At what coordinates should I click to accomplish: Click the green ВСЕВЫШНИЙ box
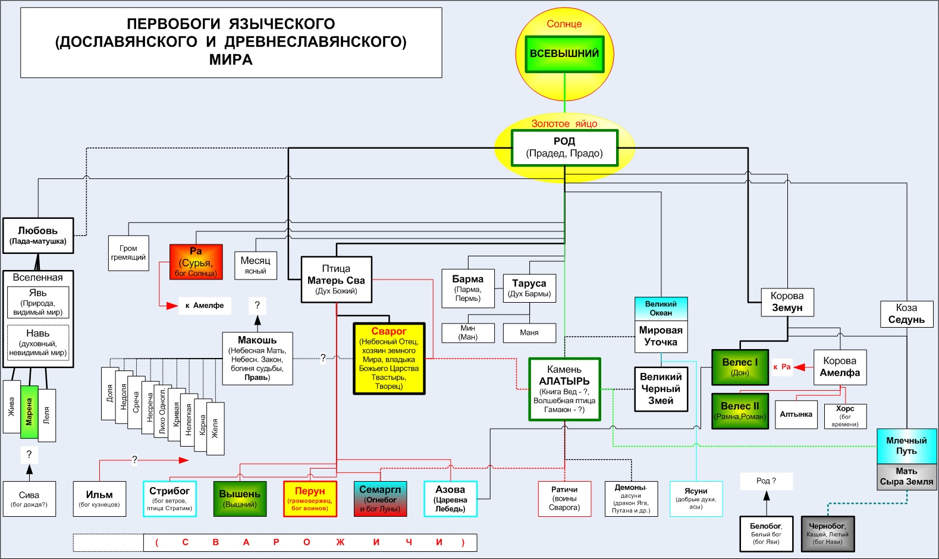pyautogui.click(x=564, y=54)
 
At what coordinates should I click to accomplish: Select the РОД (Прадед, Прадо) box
pyautogui.click(x=564, y=147)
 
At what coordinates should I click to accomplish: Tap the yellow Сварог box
pyautogui.click(x=389, y=359)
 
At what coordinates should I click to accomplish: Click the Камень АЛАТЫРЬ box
pyautogui.click(x=564, y=389)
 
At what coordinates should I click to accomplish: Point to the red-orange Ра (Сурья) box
pyautogui.click(x=196, y=262)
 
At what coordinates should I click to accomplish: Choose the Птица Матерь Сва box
pyautogui.click(x=336, y=279)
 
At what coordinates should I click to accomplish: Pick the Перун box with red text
pyautogui.click(x=310, y=498)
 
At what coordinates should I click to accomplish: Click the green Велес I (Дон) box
pyautogui.click(x=740, y=367)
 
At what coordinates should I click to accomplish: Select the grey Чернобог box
pyautogui.click(x=827, y=533)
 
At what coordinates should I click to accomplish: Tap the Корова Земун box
pyautogui.click(x=787, y=302)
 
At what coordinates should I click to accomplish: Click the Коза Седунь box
pyautogui.click(x=906, y=313)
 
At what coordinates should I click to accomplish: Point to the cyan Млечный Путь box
pyautogui.click(x=906, y=446)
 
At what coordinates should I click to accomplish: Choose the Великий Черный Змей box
pyautogui.click(x=661, y=389)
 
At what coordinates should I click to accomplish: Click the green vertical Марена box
pyautogui.click(x=29, y=412)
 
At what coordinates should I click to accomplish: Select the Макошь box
pyautogui.click(x=257, y=358)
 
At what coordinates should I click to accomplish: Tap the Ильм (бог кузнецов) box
pyautogui.click(x=99, y=498)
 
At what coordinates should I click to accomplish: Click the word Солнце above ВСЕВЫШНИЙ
pyautogui.click(x=564, y=24)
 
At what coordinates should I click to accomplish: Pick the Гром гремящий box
pyautogui.click(x=128, y=253)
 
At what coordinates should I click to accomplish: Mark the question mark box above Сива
pyautogui.click(x=29, y=455)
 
